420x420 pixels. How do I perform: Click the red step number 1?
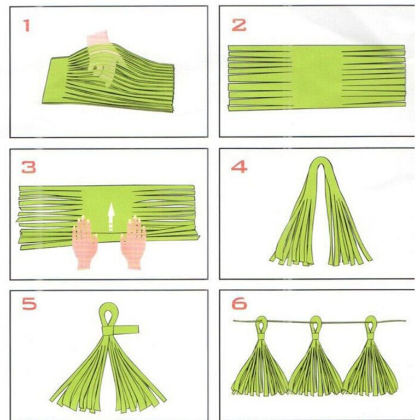point(26,26)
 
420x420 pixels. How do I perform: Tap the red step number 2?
point(238,25)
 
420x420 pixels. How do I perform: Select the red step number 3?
point(28,167)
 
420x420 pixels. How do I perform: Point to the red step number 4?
point(239,167)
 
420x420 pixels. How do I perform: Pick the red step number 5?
point(29,304)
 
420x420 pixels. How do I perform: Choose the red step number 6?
point(239,304)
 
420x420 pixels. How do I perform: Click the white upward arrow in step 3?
point(111,217)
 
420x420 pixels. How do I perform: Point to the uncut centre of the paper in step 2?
point(317,78)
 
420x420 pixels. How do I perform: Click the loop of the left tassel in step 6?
point(261,325)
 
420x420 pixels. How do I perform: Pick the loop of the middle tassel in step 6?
point(315,325)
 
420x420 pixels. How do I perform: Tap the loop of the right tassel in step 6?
point(371,324)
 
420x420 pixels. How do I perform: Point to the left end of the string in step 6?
point(234,320)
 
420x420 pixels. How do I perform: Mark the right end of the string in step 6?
point(405,320)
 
